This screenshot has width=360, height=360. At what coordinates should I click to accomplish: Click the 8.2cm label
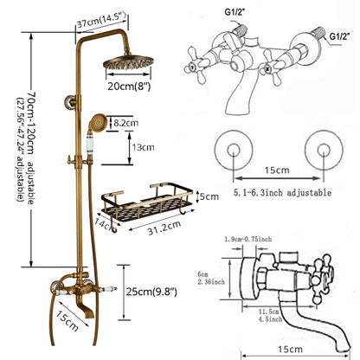127,125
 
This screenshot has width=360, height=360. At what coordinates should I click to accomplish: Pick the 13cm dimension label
142,147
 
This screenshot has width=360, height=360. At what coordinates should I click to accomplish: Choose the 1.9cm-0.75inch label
247,240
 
